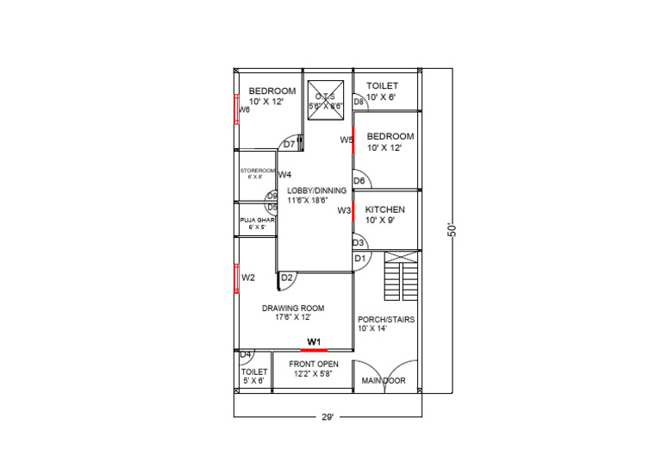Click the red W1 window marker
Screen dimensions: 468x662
click(x=314, y=350)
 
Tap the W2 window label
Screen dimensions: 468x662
click(x=248, y=278)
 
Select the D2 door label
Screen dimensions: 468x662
click(x=287, y=278)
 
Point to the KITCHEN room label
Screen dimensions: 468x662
click(x=385, y=209)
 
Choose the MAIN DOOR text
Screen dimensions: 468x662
click(x=384, y=380)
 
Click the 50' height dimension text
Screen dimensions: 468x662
click(x=451, y=231)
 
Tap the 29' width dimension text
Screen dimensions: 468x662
click(x=328, y=417)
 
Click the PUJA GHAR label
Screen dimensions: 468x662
click(x=256, y=221)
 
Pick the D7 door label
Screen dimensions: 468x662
click(x=289, y=144)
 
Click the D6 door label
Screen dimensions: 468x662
click(x=359, y=181)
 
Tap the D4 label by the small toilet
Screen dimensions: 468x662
click(x=245, y=354)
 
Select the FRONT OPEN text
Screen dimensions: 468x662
click(x=314, y=364)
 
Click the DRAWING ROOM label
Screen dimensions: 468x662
click(x=293, y=308)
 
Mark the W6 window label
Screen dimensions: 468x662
click(x=244, y=109)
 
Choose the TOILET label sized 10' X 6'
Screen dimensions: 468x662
click(x=382, y=86)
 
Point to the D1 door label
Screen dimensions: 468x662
click(x=359, y=259)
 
